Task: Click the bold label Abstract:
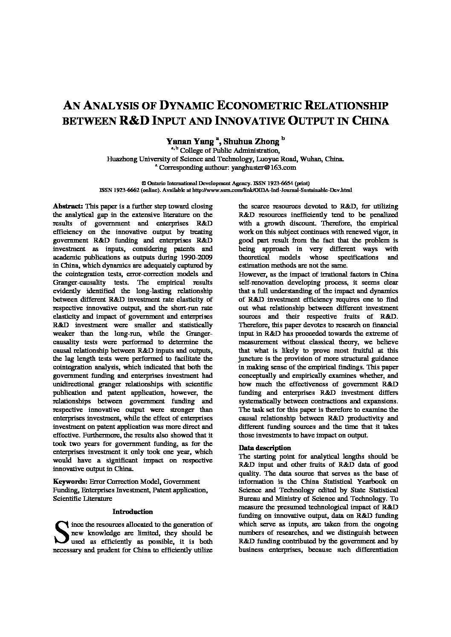tap(68, 206)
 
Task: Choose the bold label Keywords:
tap(70, 481)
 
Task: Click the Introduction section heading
tap(133, 511)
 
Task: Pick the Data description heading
tap(265, 448)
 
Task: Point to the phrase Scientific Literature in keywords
tap(83, 498)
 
